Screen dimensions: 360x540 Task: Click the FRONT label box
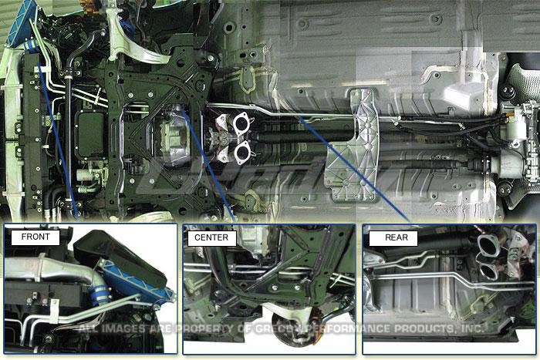35,237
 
